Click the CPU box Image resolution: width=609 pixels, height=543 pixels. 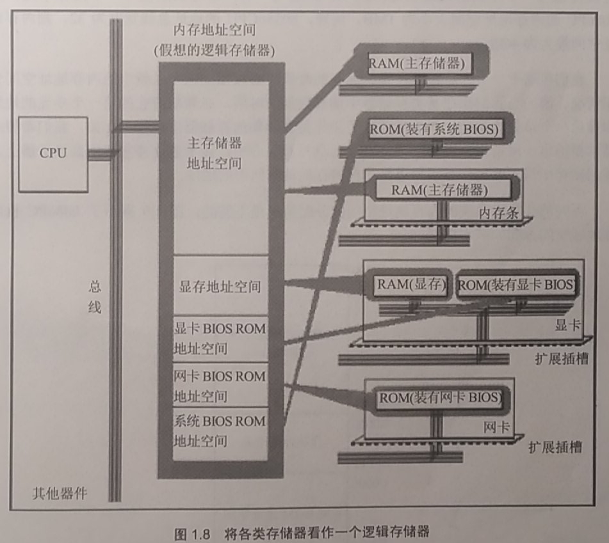53,154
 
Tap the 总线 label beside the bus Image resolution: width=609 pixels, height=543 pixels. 94,298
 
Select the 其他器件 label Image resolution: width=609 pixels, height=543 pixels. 60,493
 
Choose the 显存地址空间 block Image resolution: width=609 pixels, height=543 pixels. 218,285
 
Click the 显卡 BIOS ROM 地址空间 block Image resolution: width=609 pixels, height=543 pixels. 219,339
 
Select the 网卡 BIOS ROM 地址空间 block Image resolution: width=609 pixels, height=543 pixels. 219,386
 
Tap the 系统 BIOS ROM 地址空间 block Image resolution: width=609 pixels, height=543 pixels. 219,431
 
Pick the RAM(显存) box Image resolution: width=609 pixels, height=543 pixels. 410,285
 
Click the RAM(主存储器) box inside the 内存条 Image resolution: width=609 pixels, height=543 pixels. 439,190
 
